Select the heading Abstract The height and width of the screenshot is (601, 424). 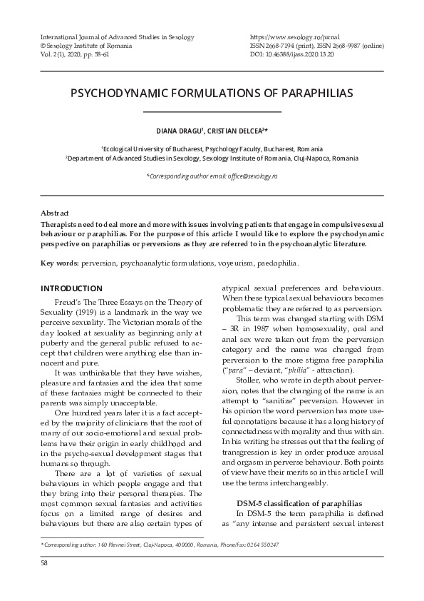55,213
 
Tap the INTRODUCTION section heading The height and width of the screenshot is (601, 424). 71,288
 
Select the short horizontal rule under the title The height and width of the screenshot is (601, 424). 212,112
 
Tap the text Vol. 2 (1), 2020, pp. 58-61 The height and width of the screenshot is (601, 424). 81,54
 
